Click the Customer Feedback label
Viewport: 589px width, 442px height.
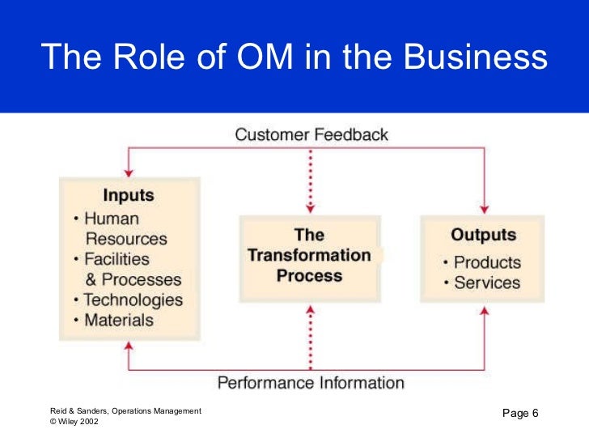(311, 134)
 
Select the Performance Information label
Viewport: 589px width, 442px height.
(311, 382)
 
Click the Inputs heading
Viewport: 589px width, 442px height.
(128, 196)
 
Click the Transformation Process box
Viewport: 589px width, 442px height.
(310, 255)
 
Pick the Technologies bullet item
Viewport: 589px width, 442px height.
(133, 300)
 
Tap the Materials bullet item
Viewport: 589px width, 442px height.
(119, 321)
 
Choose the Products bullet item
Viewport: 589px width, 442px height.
(486, 262)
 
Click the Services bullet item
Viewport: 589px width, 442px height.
(486, 283)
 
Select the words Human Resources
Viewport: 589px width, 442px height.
(125, 229)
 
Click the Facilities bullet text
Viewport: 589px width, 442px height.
(117, 260)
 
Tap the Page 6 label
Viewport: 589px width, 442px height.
(520, 414)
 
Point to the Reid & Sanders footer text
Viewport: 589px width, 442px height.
(125, 411)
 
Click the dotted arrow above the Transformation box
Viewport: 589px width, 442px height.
(310, 182)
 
